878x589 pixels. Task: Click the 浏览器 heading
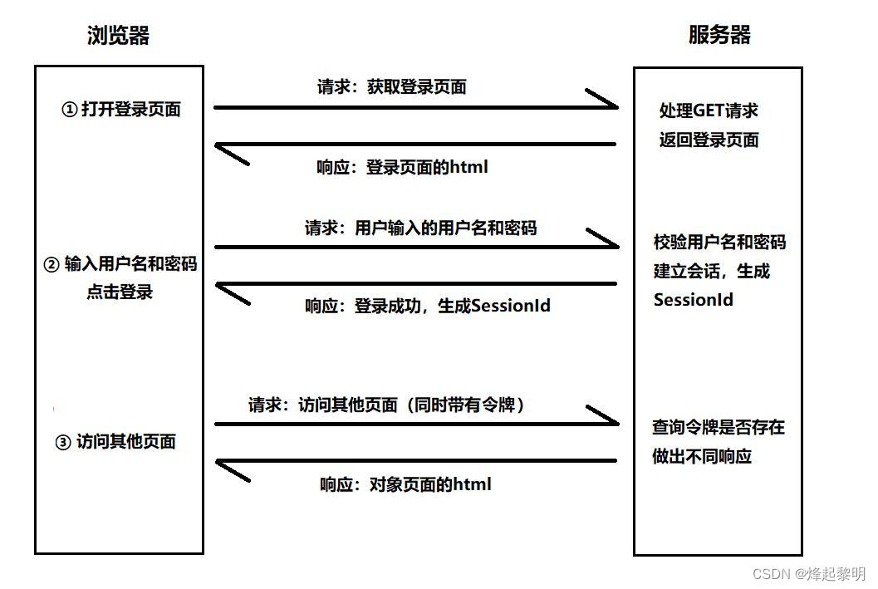(x=119, y=35)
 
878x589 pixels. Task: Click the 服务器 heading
(x=719, y=35)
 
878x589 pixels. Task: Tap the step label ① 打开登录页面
(x=121, y=109)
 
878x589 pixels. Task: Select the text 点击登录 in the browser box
(x=120, y=292)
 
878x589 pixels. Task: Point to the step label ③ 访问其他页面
(x=115, y=442)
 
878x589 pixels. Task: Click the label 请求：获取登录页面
(x=391, y=86)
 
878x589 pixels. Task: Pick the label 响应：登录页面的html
(x=402, y=167)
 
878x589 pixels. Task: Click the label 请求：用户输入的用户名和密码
(x=420, y=227)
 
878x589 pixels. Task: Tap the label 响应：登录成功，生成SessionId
(x=427, y=306)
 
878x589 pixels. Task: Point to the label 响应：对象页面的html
(x=405, y=484)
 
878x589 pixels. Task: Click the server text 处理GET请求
(x=709, y=110)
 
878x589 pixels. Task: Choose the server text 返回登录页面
(x=709, y=140)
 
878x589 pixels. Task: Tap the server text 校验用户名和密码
(x=719, y=243)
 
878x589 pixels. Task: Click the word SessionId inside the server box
(x=693, y=300)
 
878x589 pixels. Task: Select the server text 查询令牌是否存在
(x=719, y=428)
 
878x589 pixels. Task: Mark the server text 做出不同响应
(x=702, y=456)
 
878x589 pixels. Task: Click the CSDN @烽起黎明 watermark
(x=808, y=574)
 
